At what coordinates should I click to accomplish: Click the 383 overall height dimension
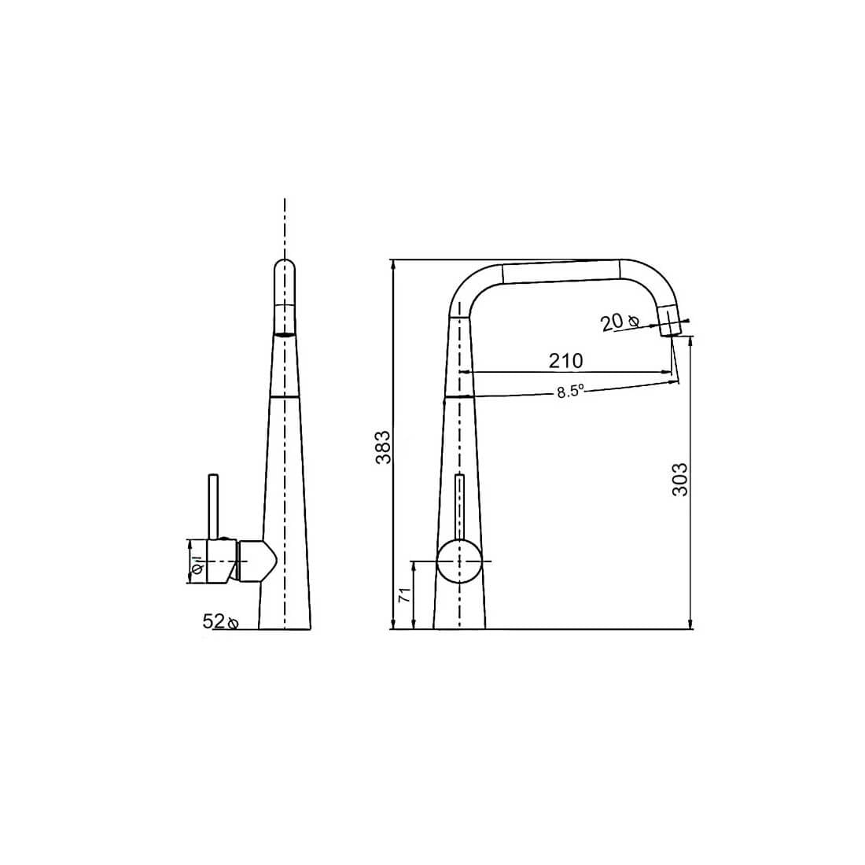tap(383, 447)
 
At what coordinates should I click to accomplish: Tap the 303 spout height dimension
tap(680, 480)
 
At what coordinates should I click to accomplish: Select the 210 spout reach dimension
tap(565, 361)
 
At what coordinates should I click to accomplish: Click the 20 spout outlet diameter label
tap(611, 322)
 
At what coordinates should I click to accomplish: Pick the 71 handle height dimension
tap(405, 594)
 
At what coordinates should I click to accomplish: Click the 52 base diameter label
tap(213, 621)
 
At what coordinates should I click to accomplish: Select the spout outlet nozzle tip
tap(670, 322)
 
